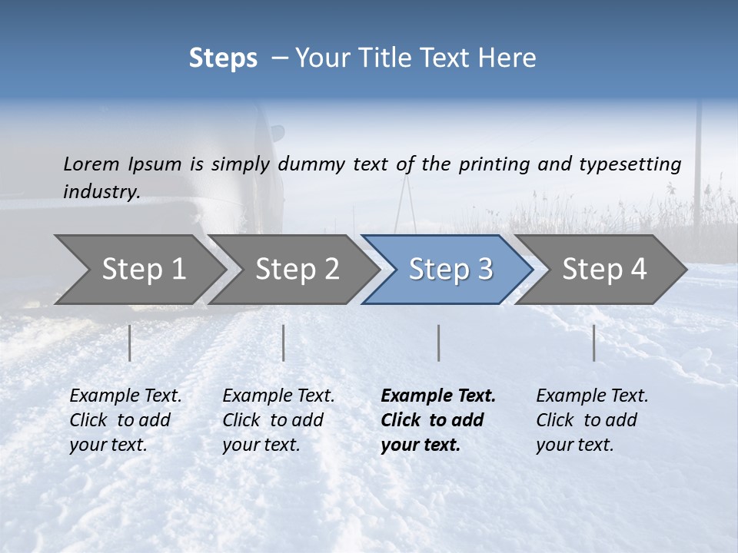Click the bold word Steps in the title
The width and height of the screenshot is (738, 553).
coord(223,58)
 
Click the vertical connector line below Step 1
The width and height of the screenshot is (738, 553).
coord(130,343)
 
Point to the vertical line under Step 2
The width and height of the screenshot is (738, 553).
coord(284,343)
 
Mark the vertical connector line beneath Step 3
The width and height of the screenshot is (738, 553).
coord(439,343)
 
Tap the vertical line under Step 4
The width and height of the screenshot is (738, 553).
coord(594,343)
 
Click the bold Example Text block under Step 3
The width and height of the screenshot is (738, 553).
coord(437,420)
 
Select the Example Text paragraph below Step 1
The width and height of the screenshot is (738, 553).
coord(125,420)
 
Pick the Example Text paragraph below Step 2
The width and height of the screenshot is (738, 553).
coord(278,420)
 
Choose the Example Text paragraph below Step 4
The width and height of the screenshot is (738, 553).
coord(591,420)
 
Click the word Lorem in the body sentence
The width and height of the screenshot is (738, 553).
coord(91,164)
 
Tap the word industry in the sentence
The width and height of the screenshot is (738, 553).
coord(101,191)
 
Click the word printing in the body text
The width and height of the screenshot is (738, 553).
coord(494,164)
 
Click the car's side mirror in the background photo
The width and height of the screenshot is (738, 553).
coord(277,133)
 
